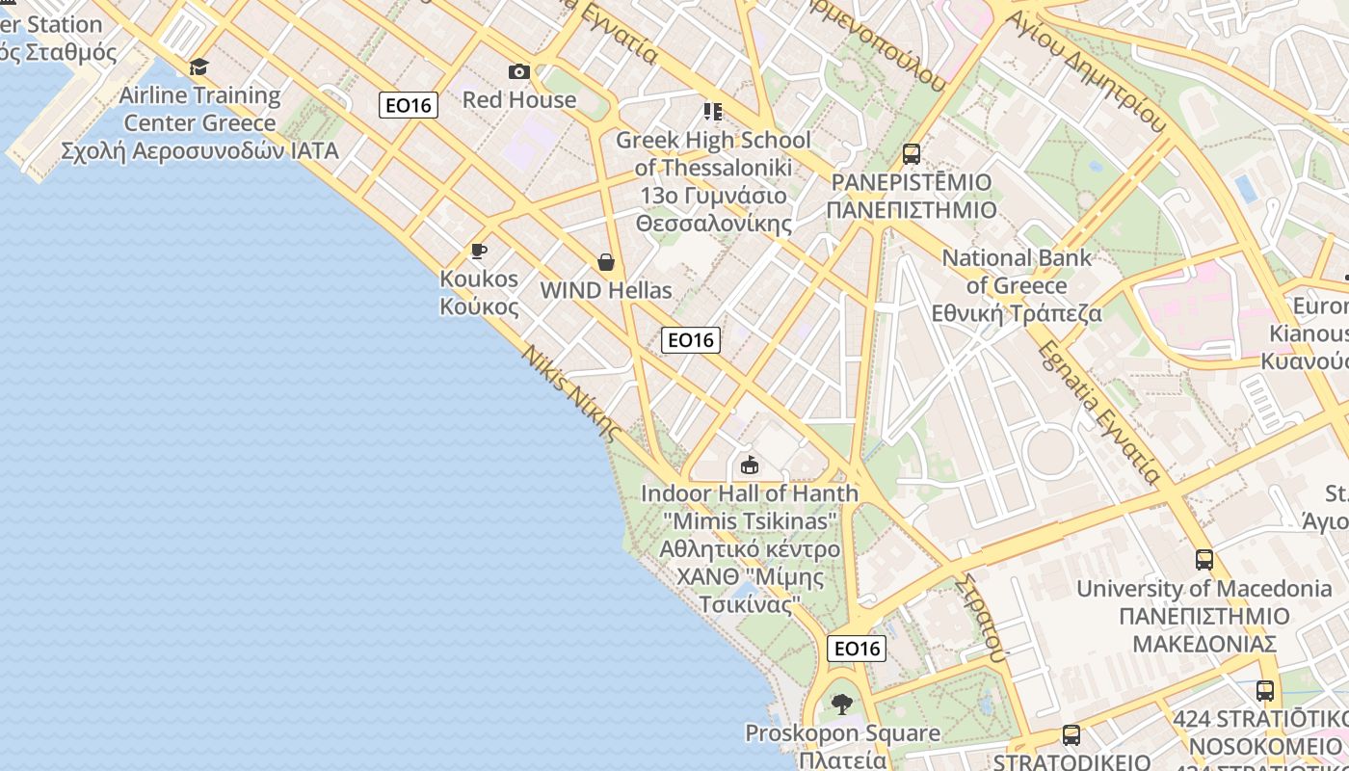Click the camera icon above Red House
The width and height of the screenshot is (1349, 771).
tap(519, 71)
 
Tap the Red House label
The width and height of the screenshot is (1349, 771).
tap(519, 99)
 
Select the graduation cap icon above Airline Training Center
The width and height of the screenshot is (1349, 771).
tap(199, 66)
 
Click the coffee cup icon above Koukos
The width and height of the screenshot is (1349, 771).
tap(479, 252)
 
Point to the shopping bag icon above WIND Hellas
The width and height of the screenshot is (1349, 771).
tap(606, 262)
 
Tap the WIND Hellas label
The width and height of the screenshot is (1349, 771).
tap(606, 290)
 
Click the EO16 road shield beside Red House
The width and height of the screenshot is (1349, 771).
tap(409, 105)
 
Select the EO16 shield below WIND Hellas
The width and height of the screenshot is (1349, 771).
tap(691, 339)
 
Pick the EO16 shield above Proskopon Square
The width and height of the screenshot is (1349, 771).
tap(857, 649)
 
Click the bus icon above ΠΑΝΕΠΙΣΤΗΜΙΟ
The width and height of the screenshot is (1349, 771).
tap(912, 153)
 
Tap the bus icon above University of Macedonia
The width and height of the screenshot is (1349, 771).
tap(1204, 560)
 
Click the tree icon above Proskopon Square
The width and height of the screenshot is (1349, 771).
tap(843, 705)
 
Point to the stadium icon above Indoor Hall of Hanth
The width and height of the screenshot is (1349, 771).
tap(750, 465)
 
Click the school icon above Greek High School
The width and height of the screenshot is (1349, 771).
tap(713, 112)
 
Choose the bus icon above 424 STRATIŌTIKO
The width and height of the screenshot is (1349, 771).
tap(1265, 691)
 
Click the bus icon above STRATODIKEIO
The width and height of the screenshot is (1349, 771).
tap(1071, 735)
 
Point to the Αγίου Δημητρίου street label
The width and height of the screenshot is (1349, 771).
tap(1085, 72)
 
